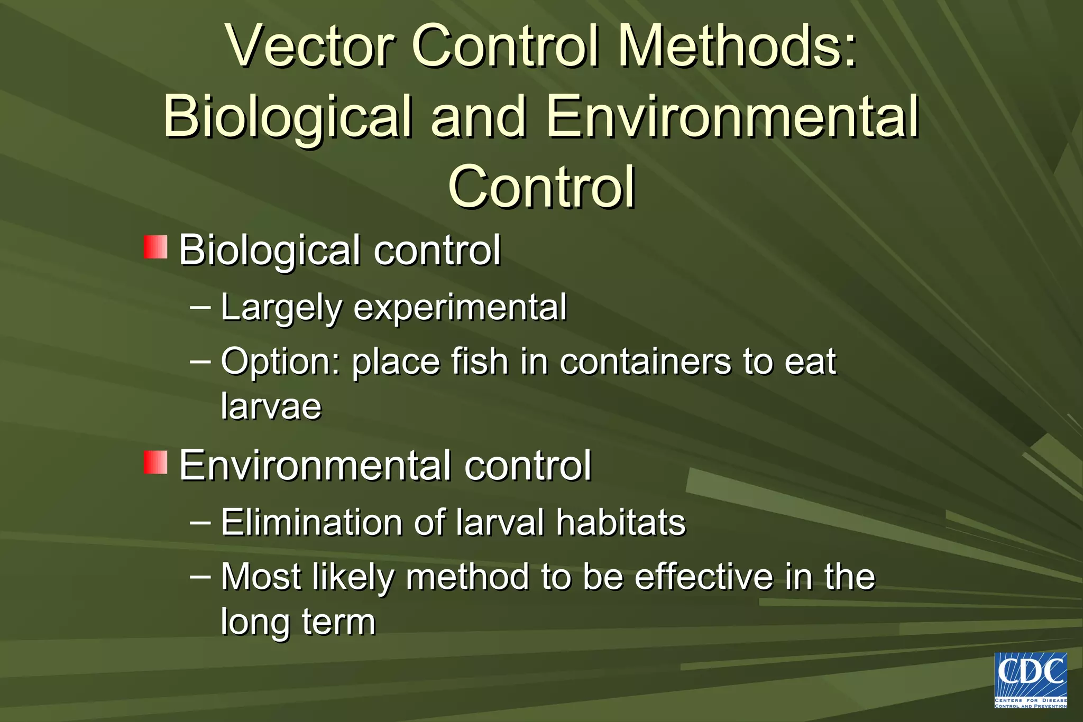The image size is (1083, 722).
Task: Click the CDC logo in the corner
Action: (x=1030, y=680)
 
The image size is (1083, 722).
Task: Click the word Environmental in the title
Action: (x=732, y=117)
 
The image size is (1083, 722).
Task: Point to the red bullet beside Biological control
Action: (x=155, y=247)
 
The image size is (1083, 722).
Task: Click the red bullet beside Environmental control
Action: (x=155, y=462)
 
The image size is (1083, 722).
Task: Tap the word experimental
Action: (x=460, y=308)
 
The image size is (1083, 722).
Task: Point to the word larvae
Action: (x=271, y=406)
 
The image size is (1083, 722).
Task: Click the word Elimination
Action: (x=311, y=523)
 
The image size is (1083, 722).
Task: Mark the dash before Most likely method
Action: (x=200, y=576)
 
